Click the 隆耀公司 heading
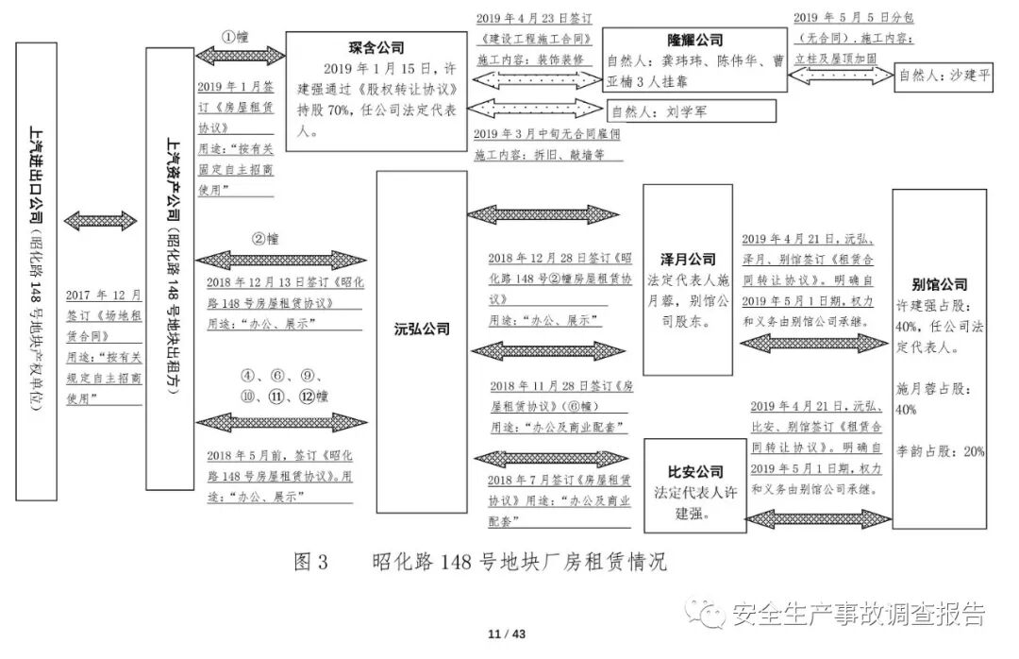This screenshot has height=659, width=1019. tap(694, 40)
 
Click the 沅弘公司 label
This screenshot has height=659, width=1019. tap(421, 329)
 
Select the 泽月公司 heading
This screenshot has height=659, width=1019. tap(688, 259)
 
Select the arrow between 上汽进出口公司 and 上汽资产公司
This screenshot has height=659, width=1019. tap(101, 220)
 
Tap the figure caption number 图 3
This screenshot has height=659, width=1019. tap(311, 563)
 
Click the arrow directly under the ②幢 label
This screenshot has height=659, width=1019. tap(280, 260)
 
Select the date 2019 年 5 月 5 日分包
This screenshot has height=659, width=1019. tap(842, 17)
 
